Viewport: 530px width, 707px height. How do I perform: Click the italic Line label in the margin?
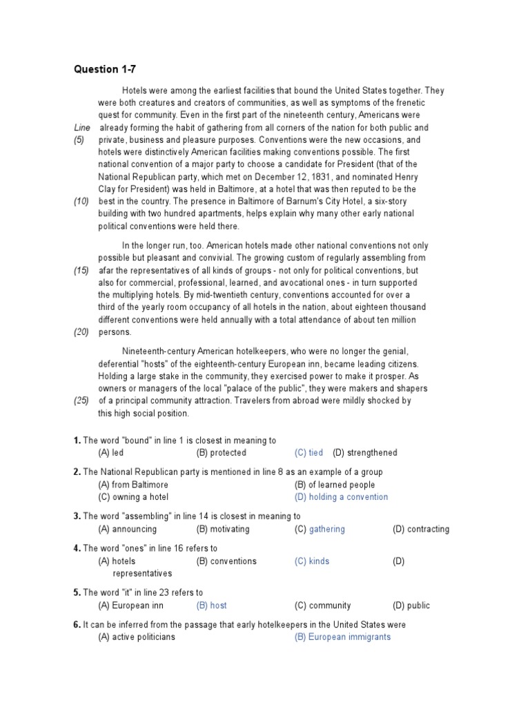click(82, 128)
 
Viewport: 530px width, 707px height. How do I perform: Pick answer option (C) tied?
click(308, 453)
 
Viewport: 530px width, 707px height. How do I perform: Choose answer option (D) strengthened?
click(365, 453)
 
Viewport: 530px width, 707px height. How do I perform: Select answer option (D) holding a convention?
click(341, 497)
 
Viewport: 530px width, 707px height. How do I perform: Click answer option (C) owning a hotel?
click(133, 497)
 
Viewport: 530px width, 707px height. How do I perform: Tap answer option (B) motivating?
click(223, 530)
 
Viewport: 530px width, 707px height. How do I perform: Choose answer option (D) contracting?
click(421, 530)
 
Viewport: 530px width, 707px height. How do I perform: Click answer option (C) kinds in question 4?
click(312, 561)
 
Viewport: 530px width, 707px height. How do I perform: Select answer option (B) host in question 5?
click(211, 606)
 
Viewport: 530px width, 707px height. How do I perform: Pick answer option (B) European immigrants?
click(342, 637)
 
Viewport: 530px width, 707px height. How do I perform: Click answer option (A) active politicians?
click(137, 637)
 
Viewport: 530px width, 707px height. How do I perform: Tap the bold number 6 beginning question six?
click(77, 625)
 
